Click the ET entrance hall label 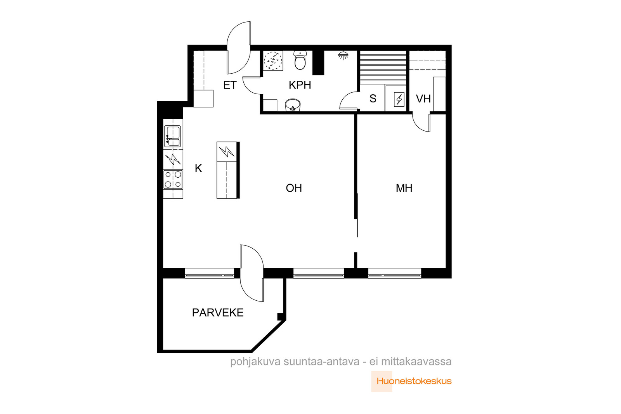(x=230, y=85)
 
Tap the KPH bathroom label (x=300, y=85)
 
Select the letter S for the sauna (x=373, y=99)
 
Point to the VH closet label (x=423, y=99)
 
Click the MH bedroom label (x=404, y=188)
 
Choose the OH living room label (x=293, y=188)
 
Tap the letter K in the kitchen (x=198, y=168)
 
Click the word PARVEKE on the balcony (x=218, y=313)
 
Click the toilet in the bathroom (x=300, y=60)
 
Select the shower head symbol (x=343, y=55)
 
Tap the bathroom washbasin (x=293, y=105)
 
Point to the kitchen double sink (x=172, y=136)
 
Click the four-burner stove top (x=173, y=179)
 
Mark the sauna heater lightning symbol (x=399, y=99)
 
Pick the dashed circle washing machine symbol (x=273, y=60)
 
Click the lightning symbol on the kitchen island (x=227, y=152)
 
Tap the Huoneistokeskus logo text (x=414, y=381)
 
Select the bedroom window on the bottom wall (x=394, y=273)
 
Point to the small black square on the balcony (x=280, y=317)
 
